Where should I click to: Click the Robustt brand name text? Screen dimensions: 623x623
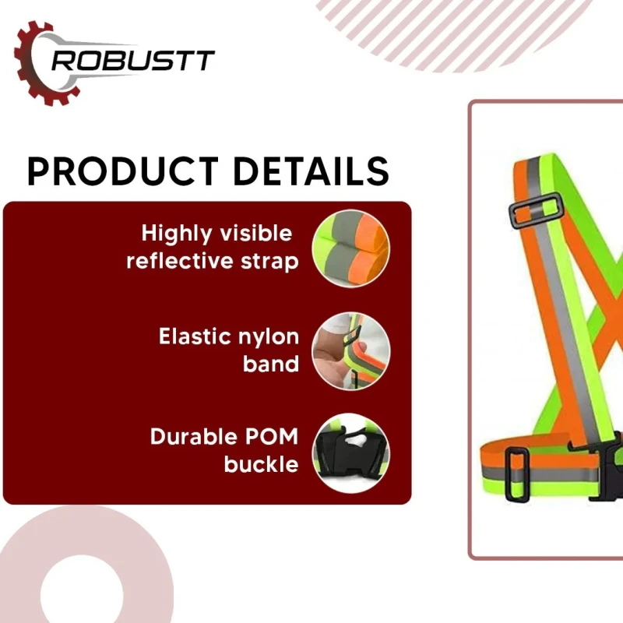point(132,62)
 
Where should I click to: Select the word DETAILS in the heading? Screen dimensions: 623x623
point(308,171)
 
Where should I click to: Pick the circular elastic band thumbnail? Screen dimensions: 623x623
point(351,351)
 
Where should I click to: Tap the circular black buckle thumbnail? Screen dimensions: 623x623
point(351,452)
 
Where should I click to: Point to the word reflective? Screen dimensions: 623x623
point(185,261)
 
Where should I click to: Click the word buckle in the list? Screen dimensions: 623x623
point(261,465)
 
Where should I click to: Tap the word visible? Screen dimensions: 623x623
point(259,234)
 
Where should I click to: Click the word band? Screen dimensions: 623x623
point(270,364)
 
